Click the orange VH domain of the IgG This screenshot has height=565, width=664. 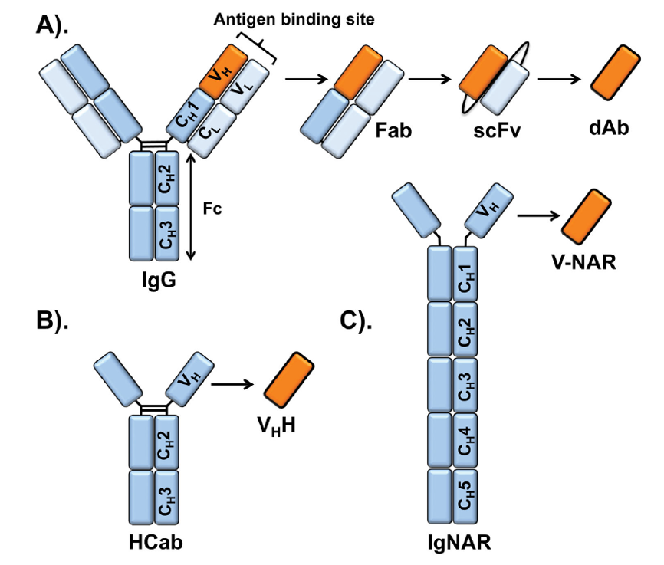225,70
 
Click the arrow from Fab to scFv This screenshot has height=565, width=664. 434,78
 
